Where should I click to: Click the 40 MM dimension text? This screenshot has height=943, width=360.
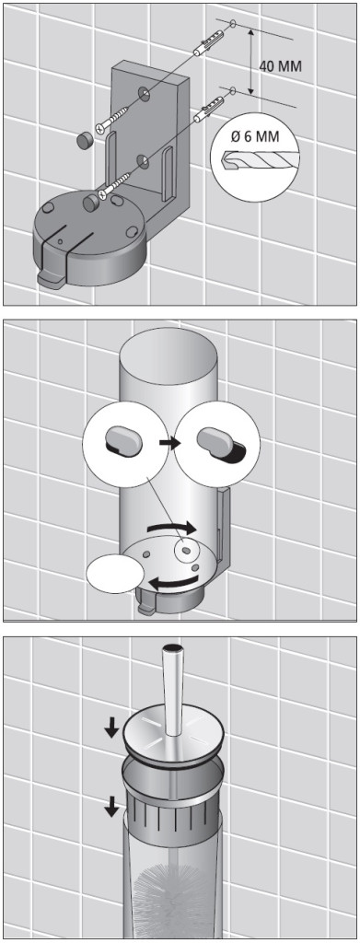[281, 65]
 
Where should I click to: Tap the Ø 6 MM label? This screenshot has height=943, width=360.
[255, 136]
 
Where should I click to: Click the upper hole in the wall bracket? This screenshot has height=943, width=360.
[144, 93]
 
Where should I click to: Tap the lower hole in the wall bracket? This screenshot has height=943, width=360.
[143, 161]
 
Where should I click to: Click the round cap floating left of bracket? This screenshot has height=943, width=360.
[84, 141]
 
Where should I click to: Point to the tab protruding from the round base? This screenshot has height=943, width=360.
[50, 279]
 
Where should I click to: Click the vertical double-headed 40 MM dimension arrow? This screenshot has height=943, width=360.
[250, 59]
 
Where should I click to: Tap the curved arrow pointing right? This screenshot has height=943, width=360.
[171, 527]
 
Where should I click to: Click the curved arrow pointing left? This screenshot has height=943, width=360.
[173, 581]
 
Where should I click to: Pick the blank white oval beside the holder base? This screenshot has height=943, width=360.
[115, 573]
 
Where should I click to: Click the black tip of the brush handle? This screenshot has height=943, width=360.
[172, 647]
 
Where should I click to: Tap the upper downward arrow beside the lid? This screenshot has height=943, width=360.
[111, 729]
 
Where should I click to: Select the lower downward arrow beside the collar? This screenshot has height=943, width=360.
[111, 806]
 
